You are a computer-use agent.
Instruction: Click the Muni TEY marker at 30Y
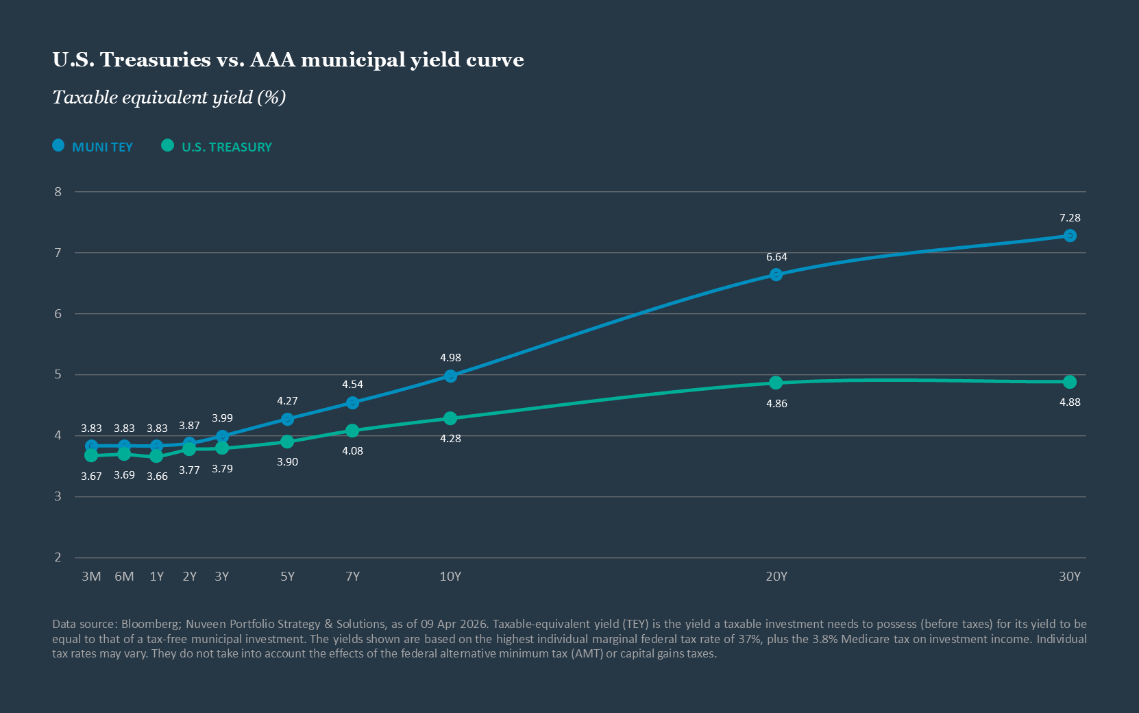coord(1070,236)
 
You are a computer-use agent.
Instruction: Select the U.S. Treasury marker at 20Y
coord(776,383)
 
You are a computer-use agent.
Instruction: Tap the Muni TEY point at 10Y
coord(450,376)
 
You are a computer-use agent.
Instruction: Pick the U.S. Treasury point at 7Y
coord(352,431)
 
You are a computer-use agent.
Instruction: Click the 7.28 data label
coord(1070,218)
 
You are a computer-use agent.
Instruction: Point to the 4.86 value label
coord(776,404)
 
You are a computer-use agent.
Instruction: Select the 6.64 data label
coord(776,257)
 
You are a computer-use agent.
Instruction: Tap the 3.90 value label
coord(287,462)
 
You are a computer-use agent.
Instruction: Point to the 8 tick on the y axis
coord(58,192)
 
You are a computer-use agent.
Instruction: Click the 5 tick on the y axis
coord(58,374)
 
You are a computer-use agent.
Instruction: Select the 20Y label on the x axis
coord(776,577)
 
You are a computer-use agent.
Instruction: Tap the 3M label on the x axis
coord(91,577)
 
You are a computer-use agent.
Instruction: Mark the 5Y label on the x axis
coord(287,577)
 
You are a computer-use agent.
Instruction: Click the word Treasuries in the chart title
coord(156,60)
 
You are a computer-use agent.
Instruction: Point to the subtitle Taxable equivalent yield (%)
coord(169,97)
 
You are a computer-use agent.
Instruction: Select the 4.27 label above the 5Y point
coord(287,401)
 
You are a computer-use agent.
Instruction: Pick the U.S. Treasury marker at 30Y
coord(1070,382)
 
